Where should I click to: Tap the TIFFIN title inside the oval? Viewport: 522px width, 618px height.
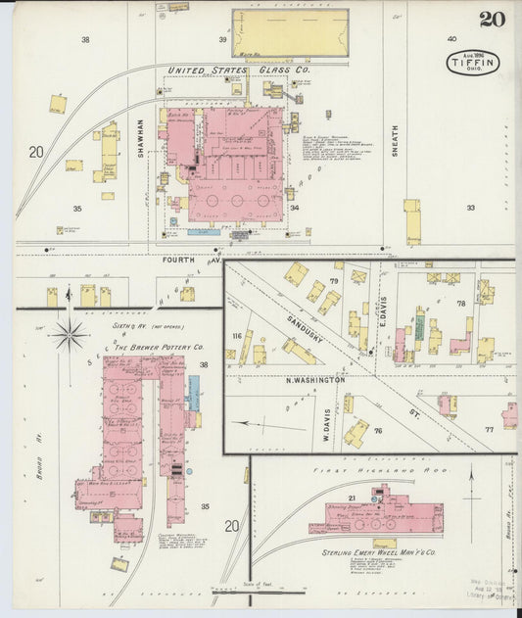tap(473, 63)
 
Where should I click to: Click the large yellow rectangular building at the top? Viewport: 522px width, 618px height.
tap(289, 32)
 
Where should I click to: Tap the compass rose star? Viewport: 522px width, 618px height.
tap(70, 335)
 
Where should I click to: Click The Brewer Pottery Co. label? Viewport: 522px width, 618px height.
tap(159, 348)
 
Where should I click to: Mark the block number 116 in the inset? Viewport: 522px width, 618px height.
tap(236, 337)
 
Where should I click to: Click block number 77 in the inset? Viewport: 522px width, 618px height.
tap(488, 430)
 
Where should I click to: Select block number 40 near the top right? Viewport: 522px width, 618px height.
tap(451, 39)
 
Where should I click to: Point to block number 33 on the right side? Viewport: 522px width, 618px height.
tap(470, 208)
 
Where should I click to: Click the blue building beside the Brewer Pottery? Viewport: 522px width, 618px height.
tap(193, 392)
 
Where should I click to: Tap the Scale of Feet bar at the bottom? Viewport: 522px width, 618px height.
tap(260, 591)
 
